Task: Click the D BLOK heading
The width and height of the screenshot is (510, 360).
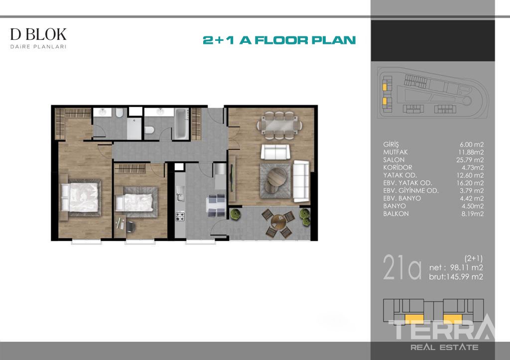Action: (x=38, y=34)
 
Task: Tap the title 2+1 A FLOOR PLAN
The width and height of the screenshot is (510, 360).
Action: (x=279, y=40)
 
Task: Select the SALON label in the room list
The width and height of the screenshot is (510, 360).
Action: (x=393, y=160)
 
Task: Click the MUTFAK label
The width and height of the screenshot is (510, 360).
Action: (x=395, y=152)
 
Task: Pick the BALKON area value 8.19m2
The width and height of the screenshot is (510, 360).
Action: (x=472, y=214)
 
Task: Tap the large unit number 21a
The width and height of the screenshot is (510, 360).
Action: (x=402, y=267)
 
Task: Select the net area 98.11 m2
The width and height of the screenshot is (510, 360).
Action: (x=466, y=267)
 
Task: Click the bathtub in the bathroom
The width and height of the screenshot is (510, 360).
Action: (x=181, y=123)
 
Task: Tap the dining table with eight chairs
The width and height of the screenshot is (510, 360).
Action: (x=279, y=125)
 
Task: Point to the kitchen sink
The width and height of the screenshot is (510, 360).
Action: (x=179, y=196)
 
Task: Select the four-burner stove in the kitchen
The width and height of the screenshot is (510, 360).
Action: (x=180, y=217)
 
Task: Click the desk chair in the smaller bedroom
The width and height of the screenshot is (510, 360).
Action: (x=130, y=227)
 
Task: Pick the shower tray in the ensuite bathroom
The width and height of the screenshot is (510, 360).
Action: (x=134, y=128)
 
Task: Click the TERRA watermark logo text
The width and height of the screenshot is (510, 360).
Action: (x=442, y=329)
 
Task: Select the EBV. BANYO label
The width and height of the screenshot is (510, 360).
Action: (x=402, y=198)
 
